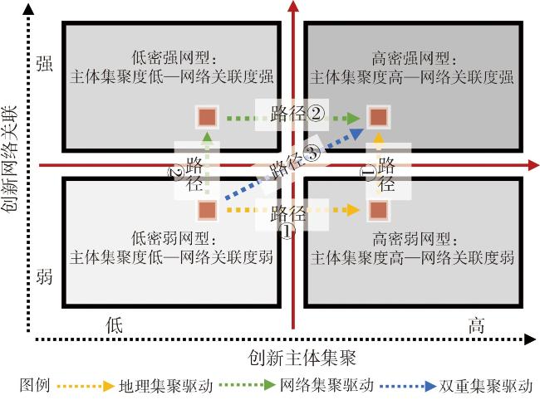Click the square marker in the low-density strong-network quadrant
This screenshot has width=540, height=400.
pos(207,117)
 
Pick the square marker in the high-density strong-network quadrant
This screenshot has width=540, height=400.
pos(378,117)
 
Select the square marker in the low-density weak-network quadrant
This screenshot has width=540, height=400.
pos(207,210)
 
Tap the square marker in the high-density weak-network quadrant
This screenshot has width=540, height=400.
pos(378,210)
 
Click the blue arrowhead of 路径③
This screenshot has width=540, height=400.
pos(358,133)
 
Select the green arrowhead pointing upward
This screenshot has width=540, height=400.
pos(207,138)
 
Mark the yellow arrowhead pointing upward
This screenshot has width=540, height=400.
pos(379,138)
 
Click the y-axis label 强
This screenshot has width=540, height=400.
pos(45,64)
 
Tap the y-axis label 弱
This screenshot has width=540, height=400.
pos(45,277)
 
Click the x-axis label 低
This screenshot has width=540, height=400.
pos(115,325)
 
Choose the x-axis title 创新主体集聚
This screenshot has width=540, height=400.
pos(302,358)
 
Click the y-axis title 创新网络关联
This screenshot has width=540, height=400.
pos(9,159)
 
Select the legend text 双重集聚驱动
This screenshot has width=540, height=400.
pos(485,386)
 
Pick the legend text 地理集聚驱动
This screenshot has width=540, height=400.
pos(166,386)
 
